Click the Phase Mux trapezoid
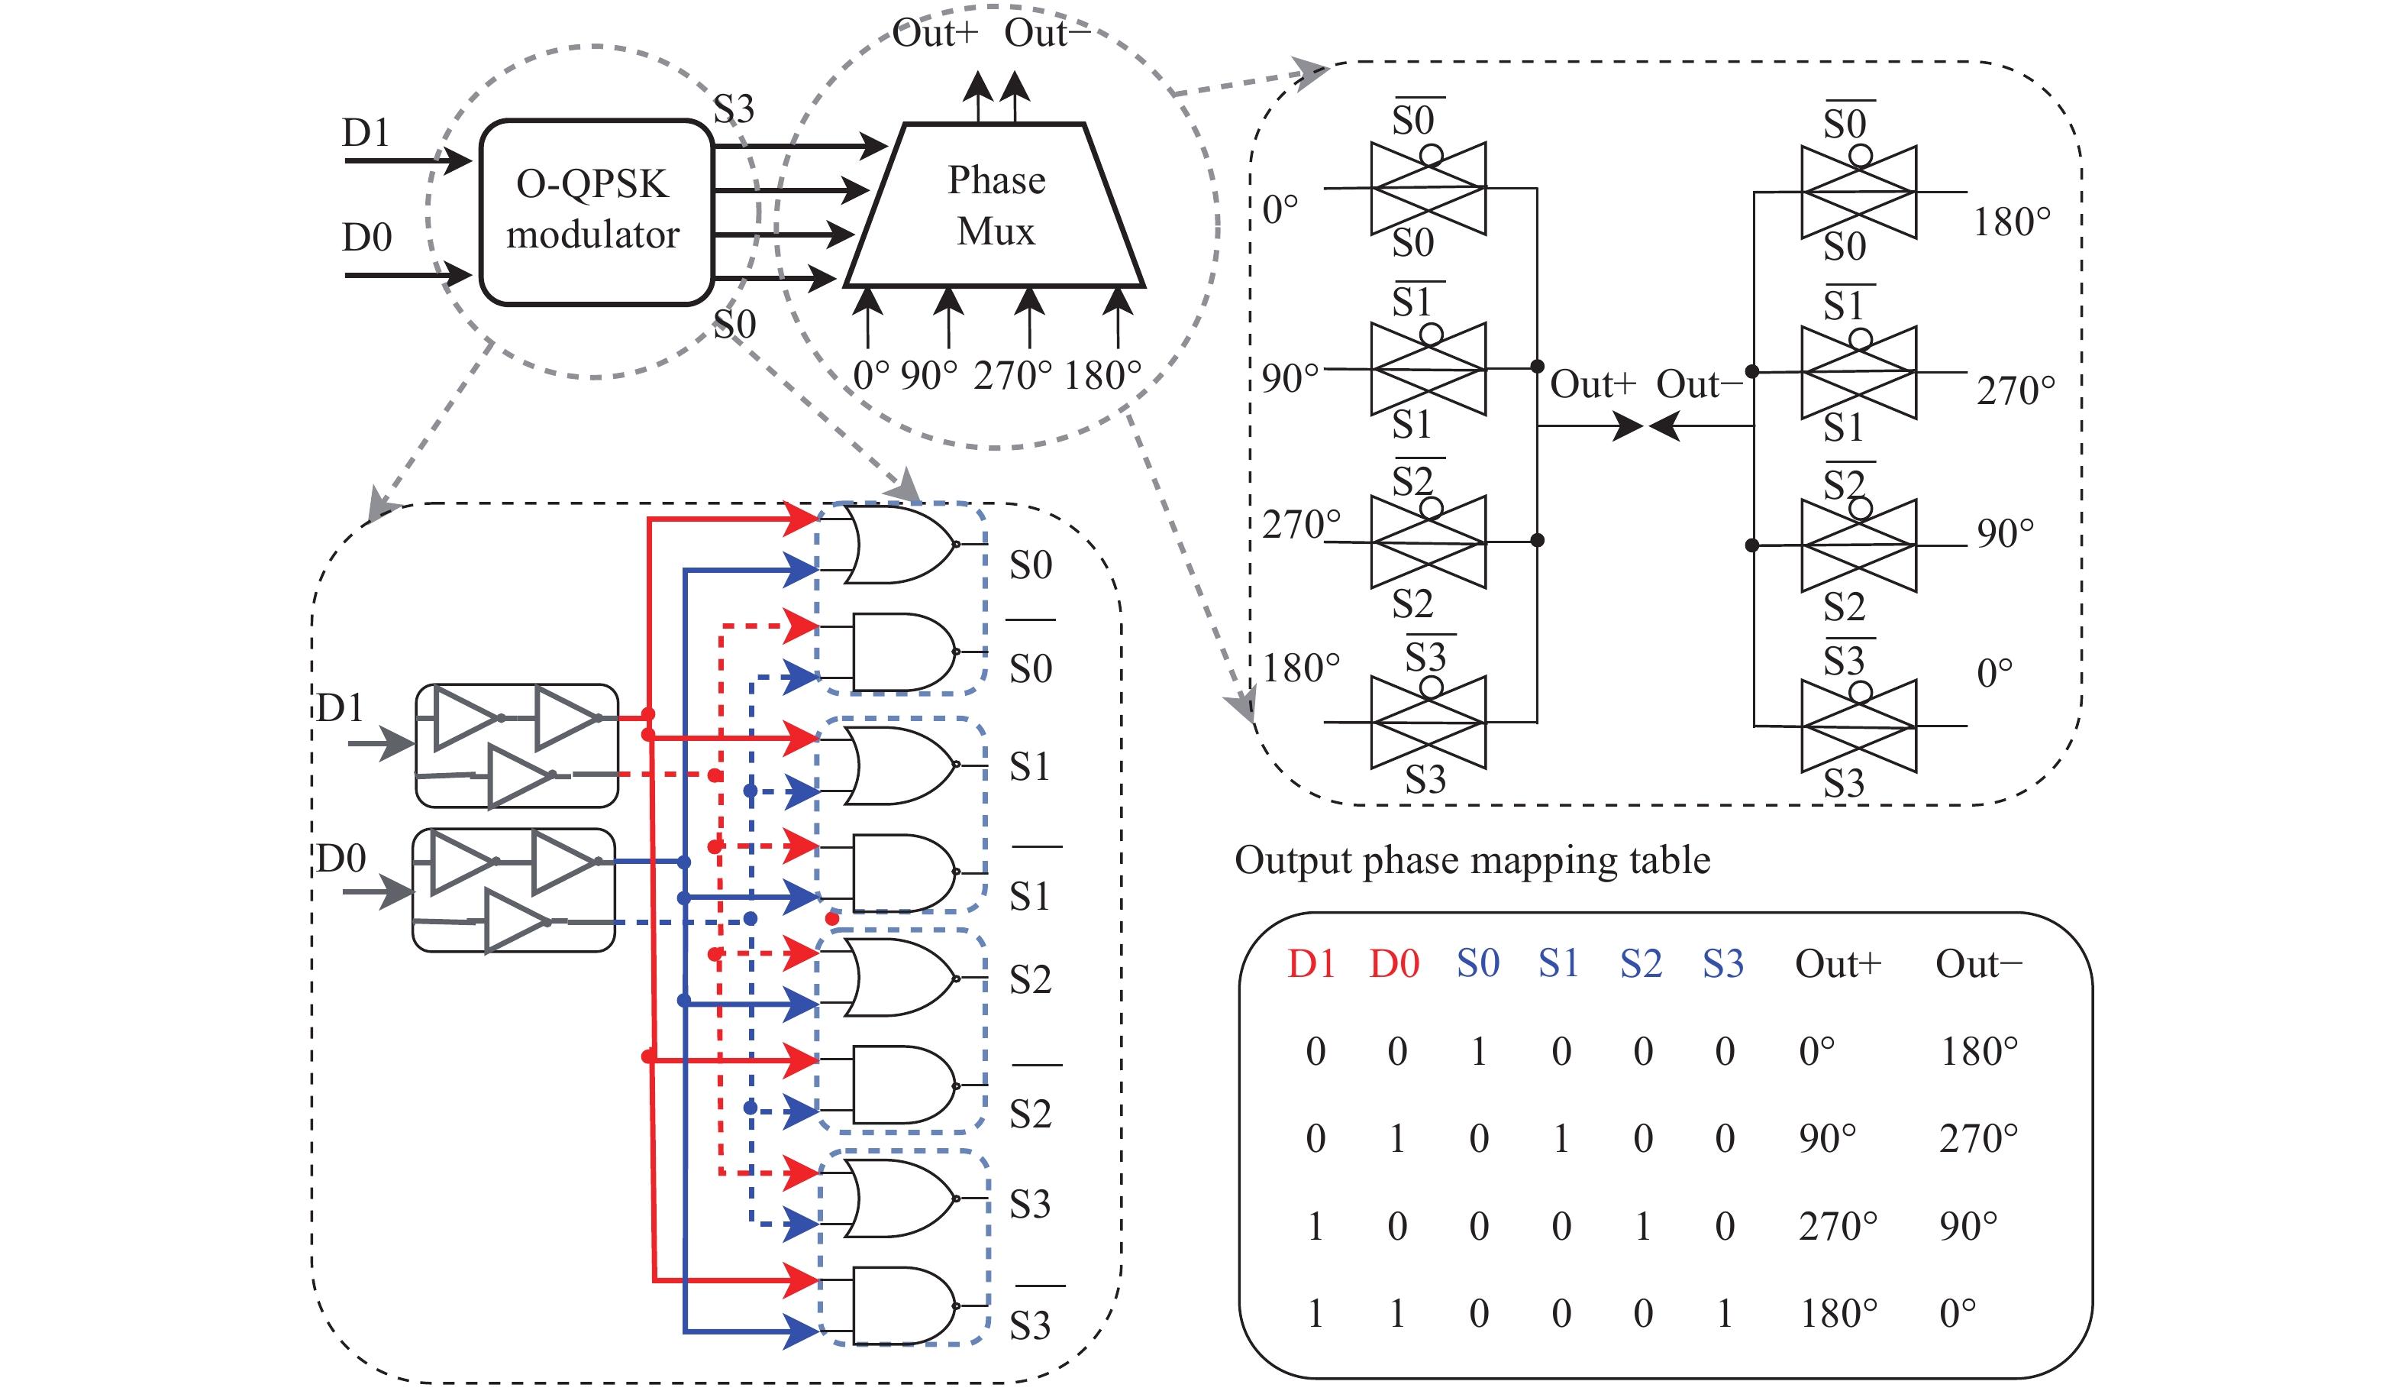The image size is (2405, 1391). (996, 206)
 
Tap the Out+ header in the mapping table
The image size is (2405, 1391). (1837, 964)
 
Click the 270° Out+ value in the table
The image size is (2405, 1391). (1837, 1226)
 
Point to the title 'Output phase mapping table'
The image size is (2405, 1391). (1472, 860)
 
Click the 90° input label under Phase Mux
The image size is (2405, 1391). (928, 376)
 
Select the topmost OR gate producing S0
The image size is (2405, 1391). (897, 544)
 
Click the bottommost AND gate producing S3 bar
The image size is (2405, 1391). (902, 1305)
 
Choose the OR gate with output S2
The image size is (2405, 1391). (897, 978)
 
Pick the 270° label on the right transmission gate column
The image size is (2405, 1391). (2015, 391)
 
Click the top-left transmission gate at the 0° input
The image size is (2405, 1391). (1428, 188)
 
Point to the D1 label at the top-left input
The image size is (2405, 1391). (366, 133)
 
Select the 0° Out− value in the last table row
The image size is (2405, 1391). (1956, 1314)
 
